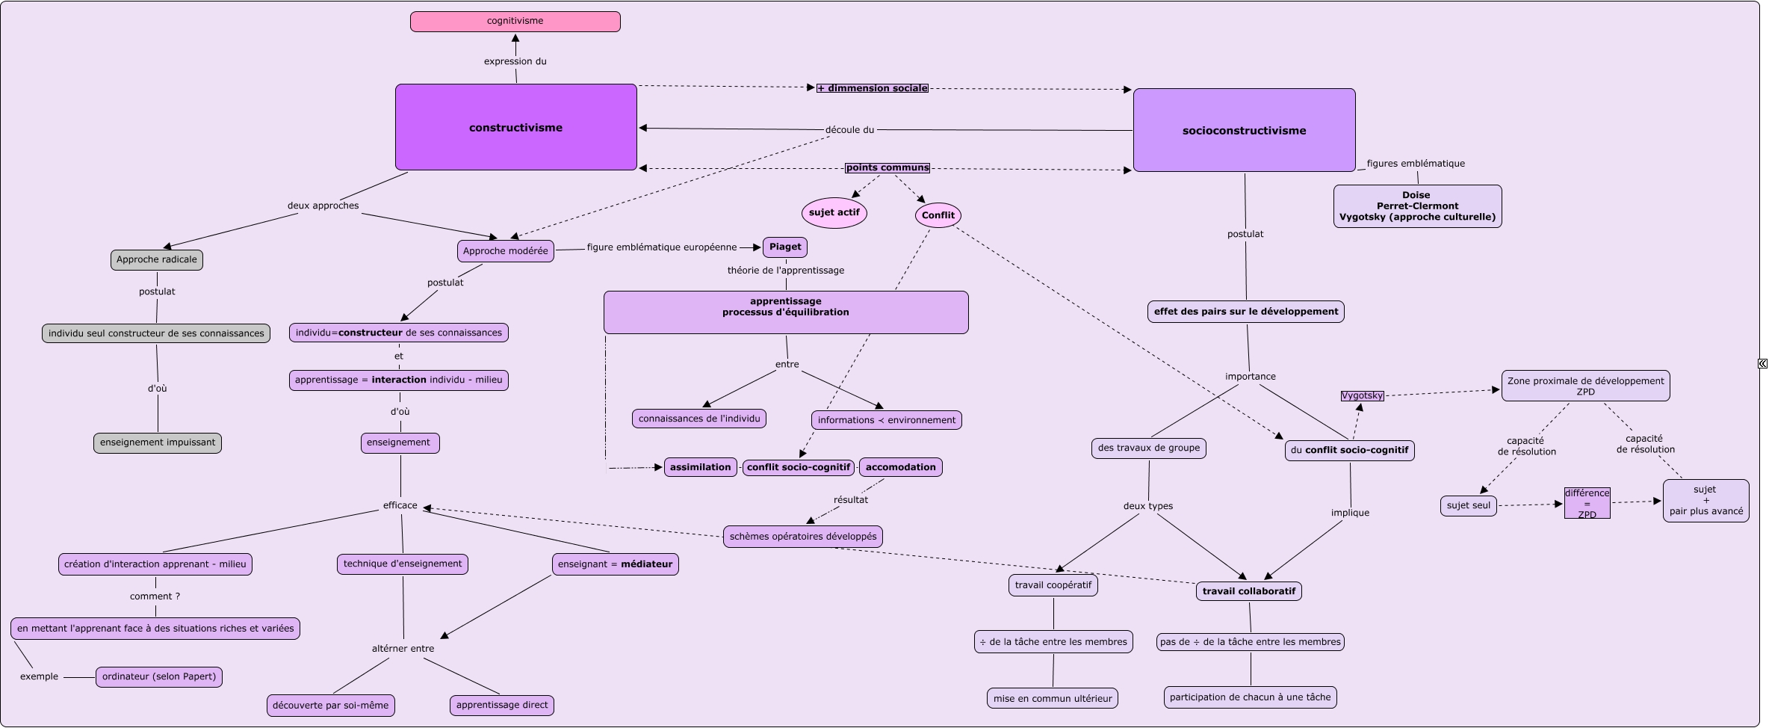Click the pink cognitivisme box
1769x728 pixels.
515,22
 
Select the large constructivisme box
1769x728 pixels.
515,127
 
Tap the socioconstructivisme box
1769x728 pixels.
1244,130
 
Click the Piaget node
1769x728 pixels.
784,247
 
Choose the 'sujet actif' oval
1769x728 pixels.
834,213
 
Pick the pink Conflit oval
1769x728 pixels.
938,215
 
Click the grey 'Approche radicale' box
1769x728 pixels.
157,260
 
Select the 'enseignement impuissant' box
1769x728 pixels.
158,442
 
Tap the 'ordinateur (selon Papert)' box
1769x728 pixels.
159,677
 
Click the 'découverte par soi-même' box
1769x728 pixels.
330,706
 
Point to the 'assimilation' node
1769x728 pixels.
700,468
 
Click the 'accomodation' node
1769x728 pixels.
900,468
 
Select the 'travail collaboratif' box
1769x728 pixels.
1248,591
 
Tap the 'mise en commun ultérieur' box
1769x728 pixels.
1052,699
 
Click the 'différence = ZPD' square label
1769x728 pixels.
1587,504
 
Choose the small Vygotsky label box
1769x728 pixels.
1362,396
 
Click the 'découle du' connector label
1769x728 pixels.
849,130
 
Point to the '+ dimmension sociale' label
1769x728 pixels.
873,88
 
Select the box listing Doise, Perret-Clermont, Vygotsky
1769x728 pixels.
1417,206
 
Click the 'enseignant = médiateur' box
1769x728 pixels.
615,564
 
